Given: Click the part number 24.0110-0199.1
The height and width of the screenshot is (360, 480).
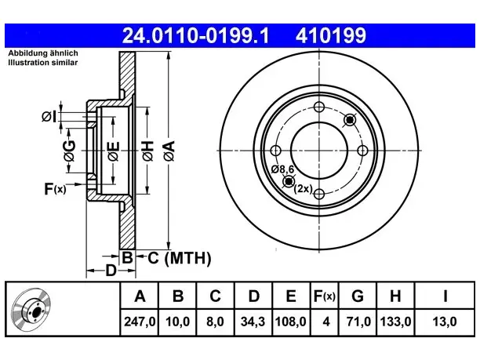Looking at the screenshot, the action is pyautogui.click(x=195, y=35).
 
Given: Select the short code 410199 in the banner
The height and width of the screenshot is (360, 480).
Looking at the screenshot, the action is pyautogui.click(x=331, y=35).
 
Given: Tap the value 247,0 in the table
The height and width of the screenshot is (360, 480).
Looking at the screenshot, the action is pyautogui.click(x=140, y=322).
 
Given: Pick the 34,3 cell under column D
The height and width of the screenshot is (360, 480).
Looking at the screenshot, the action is pyautogui.click(x=253, y=322).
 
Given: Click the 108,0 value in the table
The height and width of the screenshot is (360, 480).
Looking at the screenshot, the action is pyautogui.click(x=290, y=322).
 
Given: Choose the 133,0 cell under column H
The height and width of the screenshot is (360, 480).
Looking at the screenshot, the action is pyautogui.click(x=395, y=322).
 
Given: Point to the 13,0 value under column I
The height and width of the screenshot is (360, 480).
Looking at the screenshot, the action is pyautogui.click(x=445, y=322).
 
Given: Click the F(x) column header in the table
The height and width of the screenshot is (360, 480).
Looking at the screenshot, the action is pyautogui.click(x=325, y=296).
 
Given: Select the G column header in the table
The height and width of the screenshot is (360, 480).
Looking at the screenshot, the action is pyautogui.click(x=358, y=296).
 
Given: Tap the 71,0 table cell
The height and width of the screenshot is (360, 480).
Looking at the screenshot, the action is pyautogui.click(x=358, y=322).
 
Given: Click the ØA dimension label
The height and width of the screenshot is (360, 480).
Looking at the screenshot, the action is pyautogui.click(x=169, y=151).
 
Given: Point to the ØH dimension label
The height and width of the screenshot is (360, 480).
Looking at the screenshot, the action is pyautogui.click(x=148, y=151).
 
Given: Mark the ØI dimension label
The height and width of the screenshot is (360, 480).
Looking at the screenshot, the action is pyautogui.click(x=49, y=117).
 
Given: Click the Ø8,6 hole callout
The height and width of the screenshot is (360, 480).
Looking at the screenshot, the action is pyautogui.click(x=282, y=169).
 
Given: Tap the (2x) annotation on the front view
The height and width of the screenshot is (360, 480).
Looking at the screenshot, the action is pyautogui.click(x=303, y=188).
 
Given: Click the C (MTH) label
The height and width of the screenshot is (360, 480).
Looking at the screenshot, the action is pyautogui.click(x=180, y=258).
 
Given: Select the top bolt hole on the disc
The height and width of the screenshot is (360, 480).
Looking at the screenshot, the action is pyautogui.click(x=319, y=107).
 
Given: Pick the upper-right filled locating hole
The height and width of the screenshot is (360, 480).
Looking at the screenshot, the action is pyautogui.click(x=350, y=120).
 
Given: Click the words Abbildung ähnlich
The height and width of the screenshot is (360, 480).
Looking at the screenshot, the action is pyautogui.click(x=43, y=53).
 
